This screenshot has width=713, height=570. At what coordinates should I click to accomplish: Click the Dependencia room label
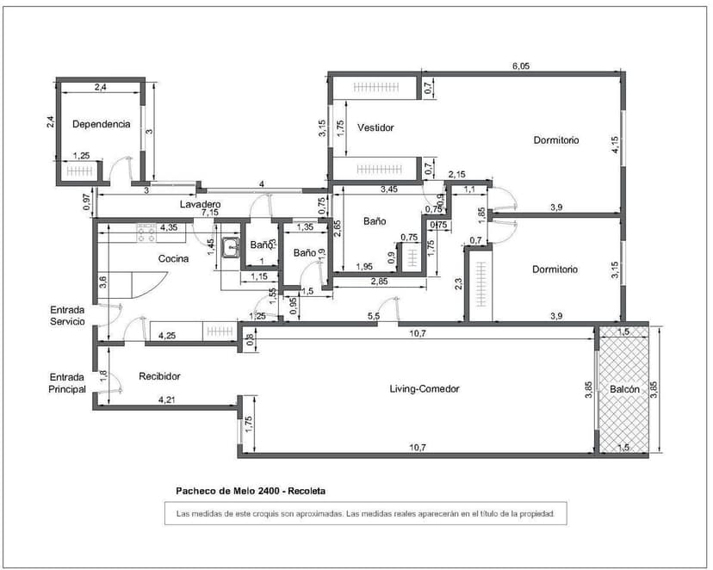click(x=101, y=124)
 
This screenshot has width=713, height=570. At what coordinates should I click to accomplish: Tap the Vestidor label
click(x=375, y=127)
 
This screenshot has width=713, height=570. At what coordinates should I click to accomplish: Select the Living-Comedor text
click(x=425, y=389)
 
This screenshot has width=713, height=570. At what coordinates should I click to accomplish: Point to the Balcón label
click(x=624, y=390)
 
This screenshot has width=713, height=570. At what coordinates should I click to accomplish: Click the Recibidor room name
click(x=160, y=376)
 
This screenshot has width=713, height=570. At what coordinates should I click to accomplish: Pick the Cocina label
click(x=173, y=258)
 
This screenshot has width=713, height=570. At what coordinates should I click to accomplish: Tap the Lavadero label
click(x=200, y=204)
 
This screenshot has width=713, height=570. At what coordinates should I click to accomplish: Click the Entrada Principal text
click(x=67, y=383)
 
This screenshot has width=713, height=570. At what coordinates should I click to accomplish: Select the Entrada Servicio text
click(x=67, y=315)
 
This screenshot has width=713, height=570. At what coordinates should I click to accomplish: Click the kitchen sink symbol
click(x=230, y=249)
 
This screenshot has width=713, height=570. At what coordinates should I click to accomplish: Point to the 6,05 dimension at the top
click(x=520, y=65)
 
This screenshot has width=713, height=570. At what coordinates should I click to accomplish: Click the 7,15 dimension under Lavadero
click(x=211, y=212)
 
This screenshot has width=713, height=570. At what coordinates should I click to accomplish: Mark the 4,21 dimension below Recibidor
click(x=167, y=400)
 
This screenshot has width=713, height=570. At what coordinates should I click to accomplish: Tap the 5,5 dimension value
click(x=374, y=317)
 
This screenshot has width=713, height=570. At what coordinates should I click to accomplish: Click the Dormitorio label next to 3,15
click(x=555, y=270)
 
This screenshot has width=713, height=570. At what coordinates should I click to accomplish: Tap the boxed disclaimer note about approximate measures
click(x=366, y=514)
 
